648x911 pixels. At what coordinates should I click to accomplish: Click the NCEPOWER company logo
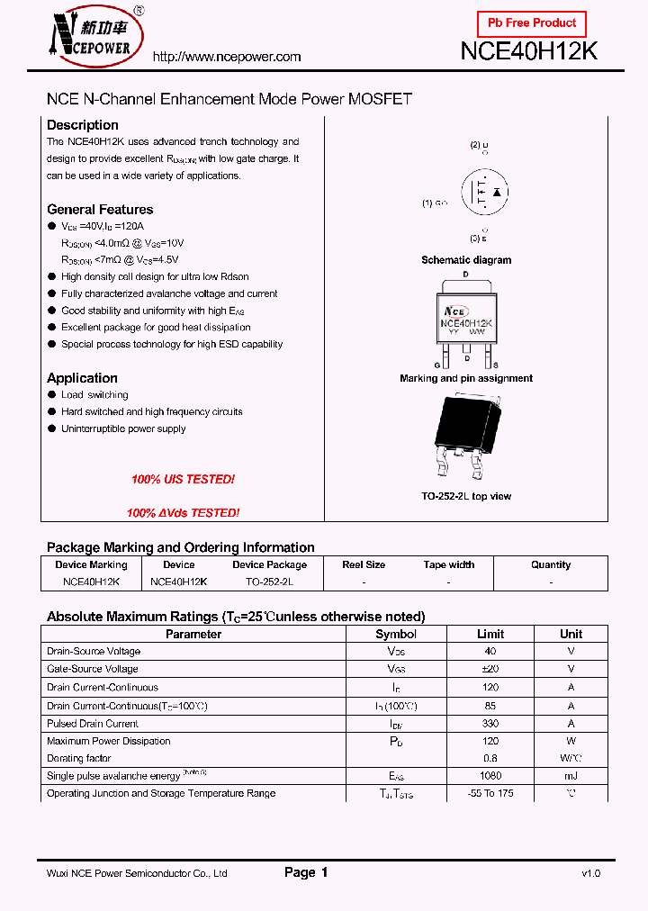tap(93, 39)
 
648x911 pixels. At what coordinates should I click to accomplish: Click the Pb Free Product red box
tap(531, 23)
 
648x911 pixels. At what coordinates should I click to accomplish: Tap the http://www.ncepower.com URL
tap(227, 57)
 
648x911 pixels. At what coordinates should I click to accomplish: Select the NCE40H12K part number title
tap(528, 51)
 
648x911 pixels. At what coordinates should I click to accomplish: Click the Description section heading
tap(82, 125)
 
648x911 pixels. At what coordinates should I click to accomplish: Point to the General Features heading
tap(100, 209)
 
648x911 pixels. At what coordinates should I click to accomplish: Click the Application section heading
tap(82, 378)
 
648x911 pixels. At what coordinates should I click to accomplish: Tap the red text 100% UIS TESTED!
tap(183, 480)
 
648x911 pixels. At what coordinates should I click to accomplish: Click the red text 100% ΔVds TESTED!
tap(183, 513)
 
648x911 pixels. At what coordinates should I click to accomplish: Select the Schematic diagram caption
tap(466, 260)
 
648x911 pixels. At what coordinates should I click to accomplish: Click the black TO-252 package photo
tap(465, 438)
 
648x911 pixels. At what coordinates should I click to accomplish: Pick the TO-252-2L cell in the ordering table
tap(269, 582)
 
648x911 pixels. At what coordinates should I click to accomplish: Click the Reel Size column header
tap(364, 565)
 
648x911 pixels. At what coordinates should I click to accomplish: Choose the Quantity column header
tap(551, 565)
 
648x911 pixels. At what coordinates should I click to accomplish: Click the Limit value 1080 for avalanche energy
tap(490, 776)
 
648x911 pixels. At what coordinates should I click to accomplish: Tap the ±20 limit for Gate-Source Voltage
tap(490, 669)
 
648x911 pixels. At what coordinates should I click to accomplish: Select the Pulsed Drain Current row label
tap(93, 724)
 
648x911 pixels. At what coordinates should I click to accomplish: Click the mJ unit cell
tap(571, 776)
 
